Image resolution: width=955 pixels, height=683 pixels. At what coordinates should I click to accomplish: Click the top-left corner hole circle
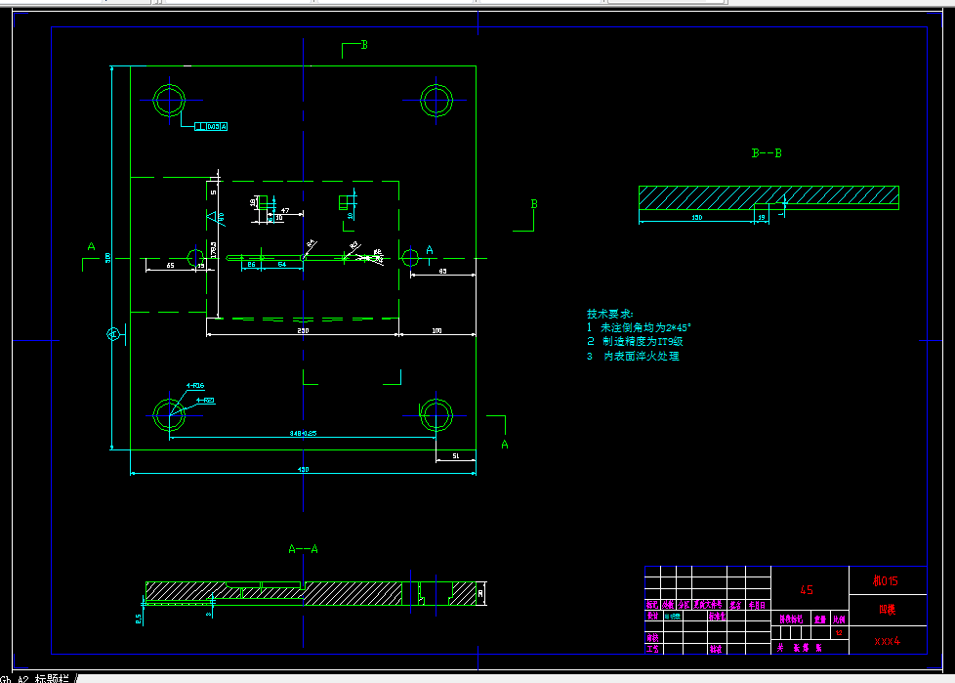pos(169,100)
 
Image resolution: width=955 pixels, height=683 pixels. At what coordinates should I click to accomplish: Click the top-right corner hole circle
pos(436,99)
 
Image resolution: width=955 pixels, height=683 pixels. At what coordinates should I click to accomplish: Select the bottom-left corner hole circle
pos(169,415)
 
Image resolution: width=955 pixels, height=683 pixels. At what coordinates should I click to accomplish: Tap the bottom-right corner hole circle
pos(436,415)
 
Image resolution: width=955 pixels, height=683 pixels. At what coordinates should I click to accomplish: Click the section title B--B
pos(767,153)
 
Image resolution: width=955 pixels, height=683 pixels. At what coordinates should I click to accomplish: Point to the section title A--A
pos(303,549)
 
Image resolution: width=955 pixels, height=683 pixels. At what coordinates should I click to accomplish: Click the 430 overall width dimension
pos(303,470)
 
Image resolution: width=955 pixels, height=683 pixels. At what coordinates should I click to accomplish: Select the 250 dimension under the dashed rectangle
pos(303,330)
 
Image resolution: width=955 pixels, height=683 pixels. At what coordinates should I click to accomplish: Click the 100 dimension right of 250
pos(436,330)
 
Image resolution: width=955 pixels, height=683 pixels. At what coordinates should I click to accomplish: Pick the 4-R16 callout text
pos(194,386)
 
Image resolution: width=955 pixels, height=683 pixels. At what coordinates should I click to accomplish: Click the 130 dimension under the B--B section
pos(696,218)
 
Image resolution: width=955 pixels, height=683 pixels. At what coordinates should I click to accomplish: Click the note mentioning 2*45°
pos(644,328)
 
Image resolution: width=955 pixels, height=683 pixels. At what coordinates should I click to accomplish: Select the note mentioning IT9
pos(641,342)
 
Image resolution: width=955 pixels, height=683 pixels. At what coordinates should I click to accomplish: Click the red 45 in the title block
pos(807,590)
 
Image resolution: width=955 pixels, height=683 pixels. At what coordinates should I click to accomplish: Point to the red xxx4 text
pos(887,641)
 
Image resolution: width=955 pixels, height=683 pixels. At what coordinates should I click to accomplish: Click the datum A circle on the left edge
pos(112,335)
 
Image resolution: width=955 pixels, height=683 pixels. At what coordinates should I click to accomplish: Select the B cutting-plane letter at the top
pos(363,45)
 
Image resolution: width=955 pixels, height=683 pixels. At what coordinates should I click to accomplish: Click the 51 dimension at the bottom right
pos(456,456)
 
